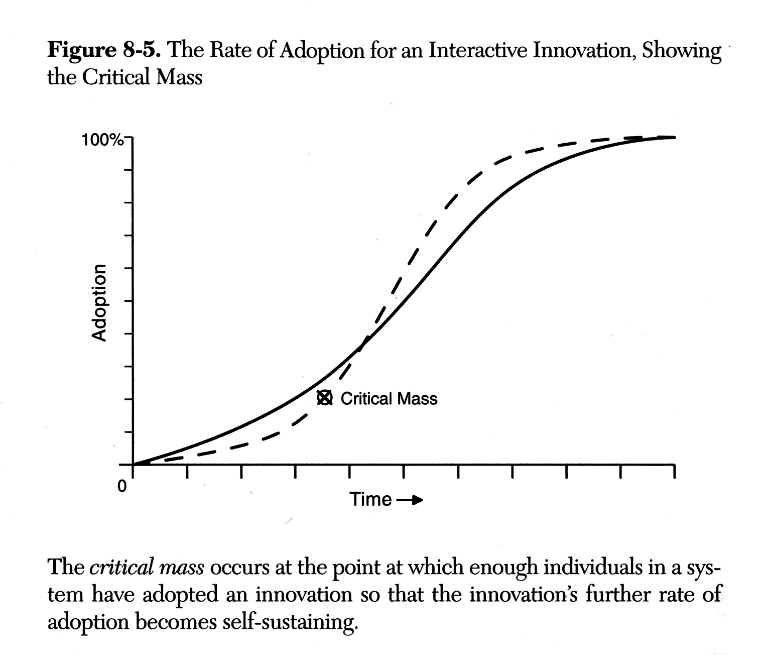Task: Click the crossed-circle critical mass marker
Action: [x=325, y=398]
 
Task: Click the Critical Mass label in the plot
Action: [x=389, y=399]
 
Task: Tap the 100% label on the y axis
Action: [x=102, y=140]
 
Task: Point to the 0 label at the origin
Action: [x=121, y=486]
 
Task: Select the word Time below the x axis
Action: [x=370, y=499]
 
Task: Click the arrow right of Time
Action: [x=410, y=500]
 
